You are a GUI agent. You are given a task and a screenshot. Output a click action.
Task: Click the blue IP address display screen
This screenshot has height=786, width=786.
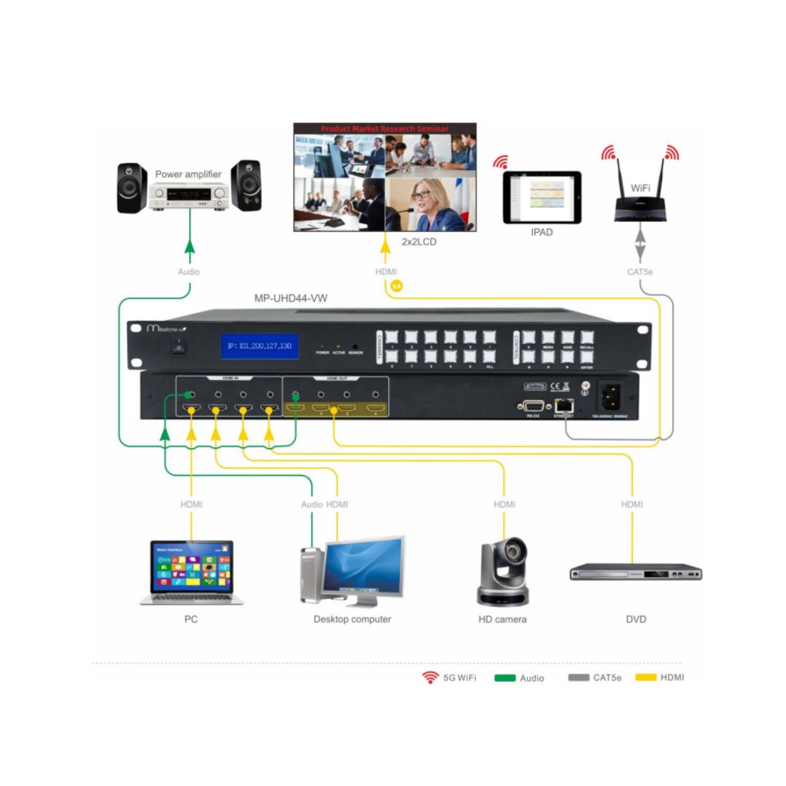260,346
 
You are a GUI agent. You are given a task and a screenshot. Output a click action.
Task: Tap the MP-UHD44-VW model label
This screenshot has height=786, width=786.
291,298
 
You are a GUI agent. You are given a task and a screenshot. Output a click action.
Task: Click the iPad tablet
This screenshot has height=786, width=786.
542,197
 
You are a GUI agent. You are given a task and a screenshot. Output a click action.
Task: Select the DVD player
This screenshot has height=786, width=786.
635,572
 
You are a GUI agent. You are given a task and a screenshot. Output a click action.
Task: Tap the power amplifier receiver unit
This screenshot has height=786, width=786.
189,195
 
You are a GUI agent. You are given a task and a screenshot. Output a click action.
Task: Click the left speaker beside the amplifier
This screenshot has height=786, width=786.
132,187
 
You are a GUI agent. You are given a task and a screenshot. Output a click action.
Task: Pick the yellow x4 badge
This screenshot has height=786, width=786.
396,286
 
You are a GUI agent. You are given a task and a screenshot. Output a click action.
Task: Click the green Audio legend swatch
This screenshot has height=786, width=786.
504,678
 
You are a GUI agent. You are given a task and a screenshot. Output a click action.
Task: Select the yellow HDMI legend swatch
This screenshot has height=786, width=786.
646,677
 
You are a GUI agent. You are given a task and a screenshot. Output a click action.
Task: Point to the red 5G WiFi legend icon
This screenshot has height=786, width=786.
430,677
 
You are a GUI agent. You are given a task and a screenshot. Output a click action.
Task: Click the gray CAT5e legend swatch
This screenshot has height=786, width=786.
578,677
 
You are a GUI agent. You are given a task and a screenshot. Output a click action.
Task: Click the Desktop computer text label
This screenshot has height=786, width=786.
352,619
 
